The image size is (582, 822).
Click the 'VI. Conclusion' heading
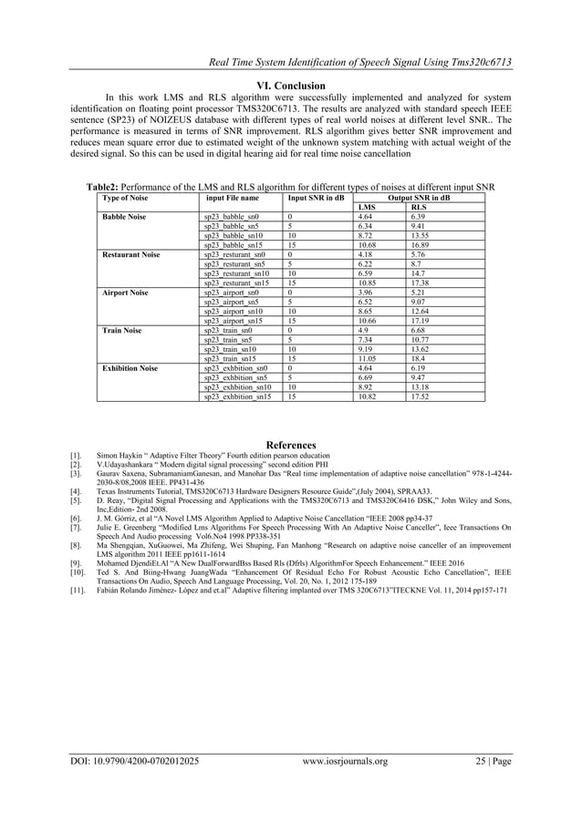(290, 87)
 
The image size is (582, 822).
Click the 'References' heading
(290, 445)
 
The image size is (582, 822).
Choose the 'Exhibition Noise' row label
(131, 369)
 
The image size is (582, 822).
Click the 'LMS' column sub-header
(368, 207)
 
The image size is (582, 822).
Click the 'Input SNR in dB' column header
(317, 197)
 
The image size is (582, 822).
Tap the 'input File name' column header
(233, 197)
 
